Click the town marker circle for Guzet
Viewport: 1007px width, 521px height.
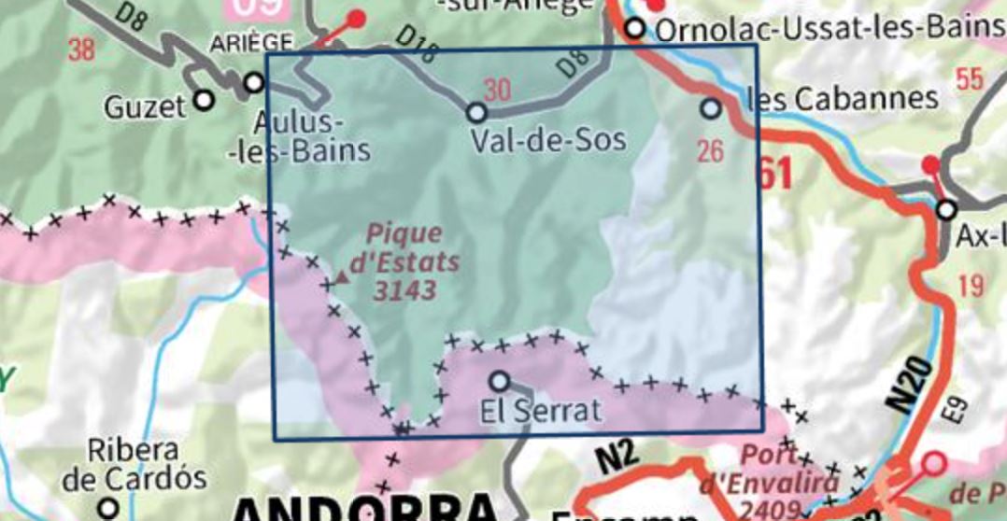click(x=204, y=99)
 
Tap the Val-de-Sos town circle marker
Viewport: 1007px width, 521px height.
click(x=476, y=113)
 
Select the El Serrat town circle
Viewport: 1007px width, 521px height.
click(x=500, y=381)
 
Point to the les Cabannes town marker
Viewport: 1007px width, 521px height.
click(x=711, y=108)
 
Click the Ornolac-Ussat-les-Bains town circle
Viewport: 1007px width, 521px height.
click(x=635, y=29)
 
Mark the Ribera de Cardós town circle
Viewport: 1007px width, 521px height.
click(x=110, y=508)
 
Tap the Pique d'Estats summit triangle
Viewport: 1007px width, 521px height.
click(x=343, y=276)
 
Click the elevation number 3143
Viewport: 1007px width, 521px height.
click(x=404, y=291)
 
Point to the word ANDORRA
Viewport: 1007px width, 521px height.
click(x=364, y=509)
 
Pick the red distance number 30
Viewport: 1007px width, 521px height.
click(x=498, y=91)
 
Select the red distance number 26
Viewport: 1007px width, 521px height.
click(x=711, y=149)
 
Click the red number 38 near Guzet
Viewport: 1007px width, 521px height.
click(x=81, y=49)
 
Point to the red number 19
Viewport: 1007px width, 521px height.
click(x=971, y=285)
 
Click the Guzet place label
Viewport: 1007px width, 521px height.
click(x=144, y=107)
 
